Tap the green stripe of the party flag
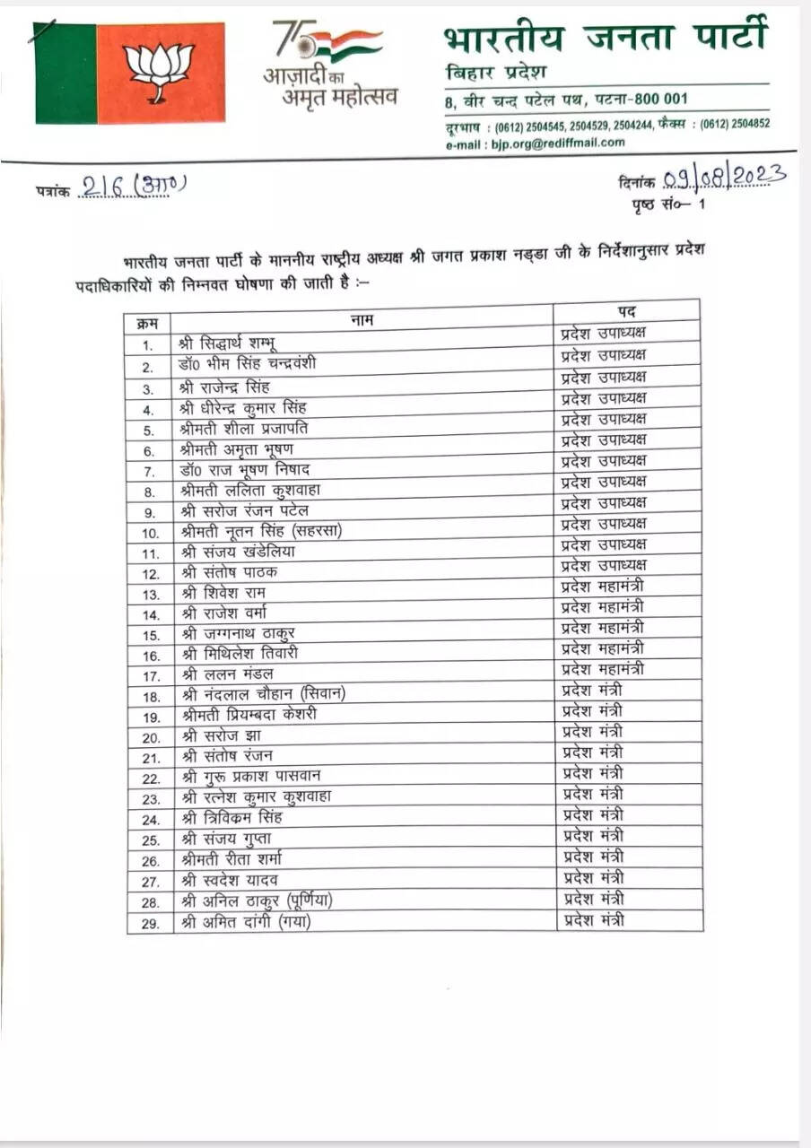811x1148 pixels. pyautogui.click(x=65, y=74)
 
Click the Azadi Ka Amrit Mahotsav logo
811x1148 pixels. pyautogui.click(x=329, y=64)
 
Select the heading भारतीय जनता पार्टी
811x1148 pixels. pyautogui.click(x=606, y=38)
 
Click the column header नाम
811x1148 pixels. pyautogui.click(x=362, y=318)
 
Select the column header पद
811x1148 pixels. pyautogui.click(x=627, y=311)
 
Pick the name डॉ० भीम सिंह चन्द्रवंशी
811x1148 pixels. pyautogui.click(x=247, y=364)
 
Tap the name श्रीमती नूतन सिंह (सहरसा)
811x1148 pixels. pyautogui.click(x=261, y=531)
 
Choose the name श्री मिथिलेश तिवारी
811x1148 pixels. pyautogui.click(x=240, y=655)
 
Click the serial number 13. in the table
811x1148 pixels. pyautogui.click(x=150, y=595)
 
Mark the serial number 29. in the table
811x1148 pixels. pyautogui.click(x=150, y=924)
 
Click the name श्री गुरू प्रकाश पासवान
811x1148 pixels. pyautogui.click(x=250, y=776)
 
